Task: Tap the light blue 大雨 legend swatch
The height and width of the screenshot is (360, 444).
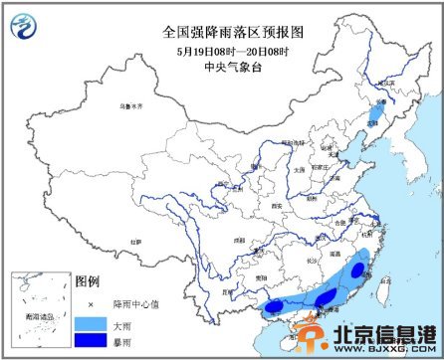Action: [x=90, y=323]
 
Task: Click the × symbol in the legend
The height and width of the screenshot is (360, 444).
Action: [x=90, y=304]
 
